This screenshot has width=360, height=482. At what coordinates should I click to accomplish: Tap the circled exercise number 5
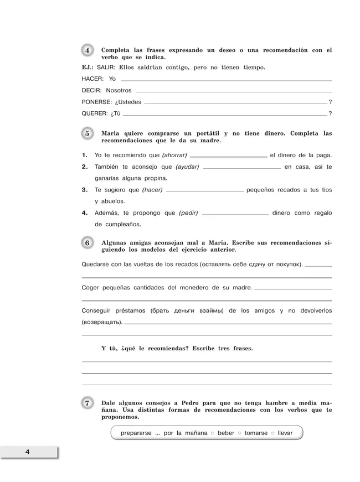click(88, 134)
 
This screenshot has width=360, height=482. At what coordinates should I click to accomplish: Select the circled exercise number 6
click(88, 243)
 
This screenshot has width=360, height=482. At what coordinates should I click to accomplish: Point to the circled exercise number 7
click(88, 403)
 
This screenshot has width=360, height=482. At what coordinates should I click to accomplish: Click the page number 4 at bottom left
click(27, 453)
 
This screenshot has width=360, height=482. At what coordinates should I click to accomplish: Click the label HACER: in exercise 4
click(92, 79)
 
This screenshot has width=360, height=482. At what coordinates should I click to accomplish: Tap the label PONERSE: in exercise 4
click(97, 102)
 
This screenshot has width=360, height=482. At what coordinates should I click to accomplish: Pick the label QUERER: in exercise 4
click(95, 114)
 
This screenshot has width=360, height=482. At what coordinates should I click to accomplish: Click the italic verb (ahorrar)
click(174, 155)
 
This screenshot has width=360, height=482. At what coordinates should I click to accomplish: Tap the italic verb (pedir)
click(188, 213)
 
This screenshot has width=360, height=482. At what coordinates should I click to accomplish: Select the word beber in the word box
click(226, 433)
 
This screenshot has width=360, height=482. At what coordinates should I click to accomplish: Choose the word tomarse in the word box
click(256, 433)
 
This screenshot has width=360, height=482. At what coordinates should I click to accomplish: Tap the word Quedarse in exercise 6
click(95, 265)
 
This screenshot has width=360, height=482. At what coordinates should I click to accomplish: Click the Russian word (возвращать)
click(101, 322)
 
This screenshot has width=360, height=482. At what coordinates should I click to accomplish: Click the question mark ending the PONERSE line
click(330, 102)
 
